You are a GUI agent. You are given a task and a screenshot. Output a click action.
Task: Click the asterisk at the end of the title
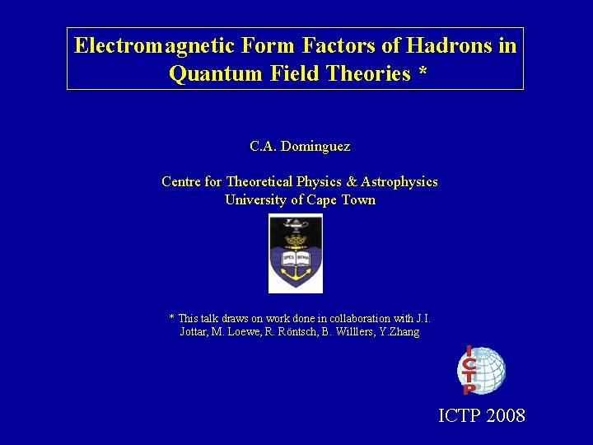point(423,73)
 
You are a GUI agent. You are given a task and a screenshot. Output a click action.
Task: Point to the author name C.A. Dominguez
point(300,147)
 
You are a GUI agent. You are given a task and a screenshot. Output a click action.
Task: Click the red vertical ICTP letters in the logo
point(468,370)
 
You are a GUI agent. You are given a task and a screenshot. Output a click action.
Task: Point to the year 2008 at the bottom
point(506,415)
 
